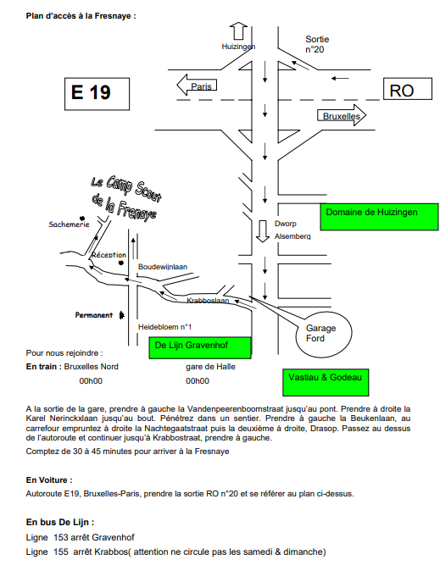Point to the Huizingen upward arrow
tap(238, 31)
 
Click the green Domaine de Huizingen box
tap(379, 216)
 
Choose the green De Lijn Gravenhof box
tap(200, 347)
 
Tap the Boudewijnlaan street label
tap(162, 266)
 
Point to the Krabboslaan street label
tap(208, 301)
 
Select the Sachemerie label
tap(69, 224)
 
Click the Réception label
tap(109, 254)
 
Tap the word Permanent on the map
tap(93, 315)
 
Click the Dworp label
tap(284, 224)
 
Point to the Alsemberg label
tap(292, 236)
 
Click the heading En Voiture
tap(49, 479)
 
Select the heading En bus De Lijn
tap(60, 522)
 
